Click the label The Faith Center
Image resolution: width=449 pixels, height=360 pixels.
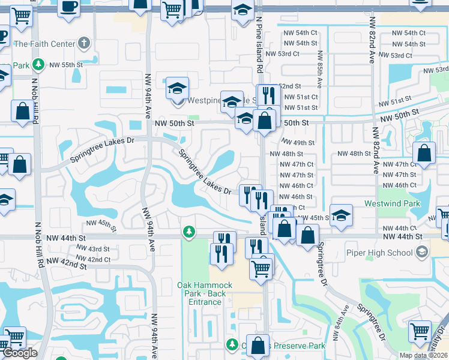click(x=44, y=44)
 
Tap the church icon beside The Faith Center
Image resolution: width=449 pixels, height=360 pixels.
click(x=84, y=43)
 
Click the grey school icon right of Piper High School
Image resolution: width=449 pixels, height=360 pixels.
click(x=423, y=251)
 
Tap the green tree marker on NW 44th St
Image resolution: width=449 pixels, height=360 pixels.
click(x=189, y=232)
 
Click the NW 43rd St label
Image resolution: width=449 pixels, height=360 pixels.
click(x=98, y=248)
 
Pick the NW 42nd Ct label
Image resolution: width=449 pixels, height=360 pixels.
click(x=98, y=259)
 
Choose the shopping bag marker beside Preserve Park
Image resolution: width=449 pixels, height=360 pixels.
click(x=258, y=345)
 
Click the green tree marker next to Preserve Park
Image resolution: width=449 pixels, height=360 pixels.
click(x=232, y=344)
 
